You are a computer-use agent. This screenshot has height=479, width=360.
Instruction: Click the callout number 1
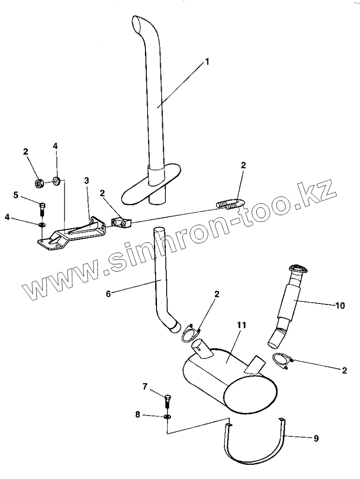click(x=207, y=62)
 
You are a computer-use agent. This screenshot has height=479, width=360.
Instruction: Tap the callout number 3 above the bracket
click(x=86, y=180)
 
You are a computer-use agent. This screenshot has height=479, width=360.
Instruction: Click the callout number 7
click(x=144, y=387)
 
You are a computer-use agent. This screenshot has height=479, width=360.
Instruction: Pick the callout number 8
click(x=137, y=415)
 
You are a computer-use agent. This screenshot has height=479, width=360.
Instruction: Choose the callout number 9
click(x=316, y=438)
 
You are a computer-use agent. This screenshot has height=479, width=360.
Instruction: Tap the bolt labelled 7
click(x=168, y=401)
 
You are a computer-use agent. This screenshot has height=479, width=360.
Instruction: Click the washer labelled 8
click(x=168, y=417)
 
